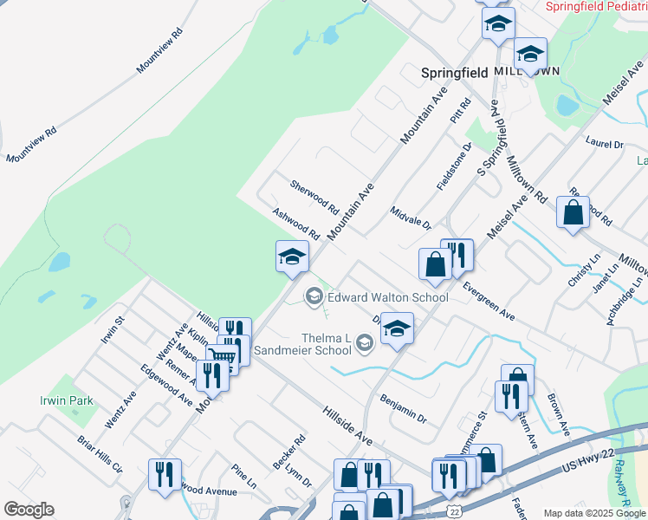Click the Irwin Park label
click(x=42, y=401)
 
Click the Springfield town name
click(x=454, y=73)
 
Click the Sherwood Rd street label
click(x=314, y=197)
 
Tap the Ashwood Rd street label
click(x=295, y=224)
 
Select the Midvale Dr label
click(x=410, y=218)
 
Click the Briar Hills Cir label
click(x=100, y=454)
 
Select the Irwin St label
click(x=113, y=329)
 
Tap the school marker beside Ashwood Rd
click(x=292, y=256)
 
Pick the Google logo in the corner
click(x=29, y=510)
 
